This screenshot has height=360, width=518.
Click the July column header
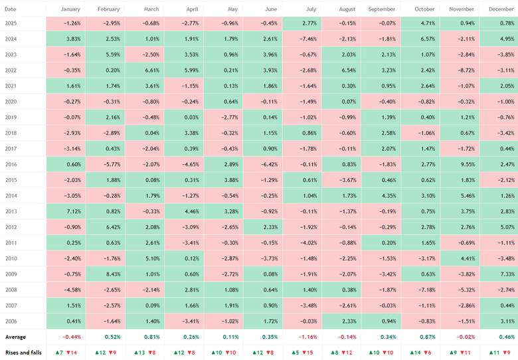click(311, 9)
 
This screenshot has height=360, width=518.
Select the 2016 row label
click(11, 164)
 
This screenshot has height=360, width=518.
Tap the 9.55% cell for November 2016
click(460, 164)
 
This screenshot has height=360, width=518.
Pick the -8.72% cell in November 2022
click(460, 70)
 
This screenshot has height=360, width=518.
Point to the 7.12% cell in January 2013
click(66, 211)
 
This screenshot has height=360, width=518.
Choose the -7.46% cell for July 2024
click(302, 39)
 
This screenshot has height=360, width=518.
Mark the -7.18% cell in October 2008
click(420, 290)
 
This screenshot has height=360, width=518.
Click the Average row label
click(15, 337)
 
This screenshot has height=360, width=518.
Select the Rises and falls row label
click(23, 353)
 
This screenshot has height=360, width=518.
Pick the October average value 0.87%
click(428, 337)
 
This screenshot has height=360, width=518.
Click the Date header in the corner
click(10, 9)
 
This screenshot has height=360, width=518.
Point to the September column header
click(382, 9)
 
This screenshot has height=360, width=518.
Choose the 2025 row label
click(11, 23)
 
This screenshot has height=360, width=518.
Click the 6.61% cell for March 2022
click(144, 70)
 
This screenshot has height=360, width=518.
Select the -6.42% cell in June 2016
click(262, 164)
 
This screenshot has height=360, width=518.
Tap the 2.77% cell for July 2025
click(302, 23)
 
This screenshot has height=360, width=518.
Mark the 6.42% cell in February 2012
click(105, 227)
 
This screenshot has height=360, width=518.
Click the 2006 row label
click(11, 321)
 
